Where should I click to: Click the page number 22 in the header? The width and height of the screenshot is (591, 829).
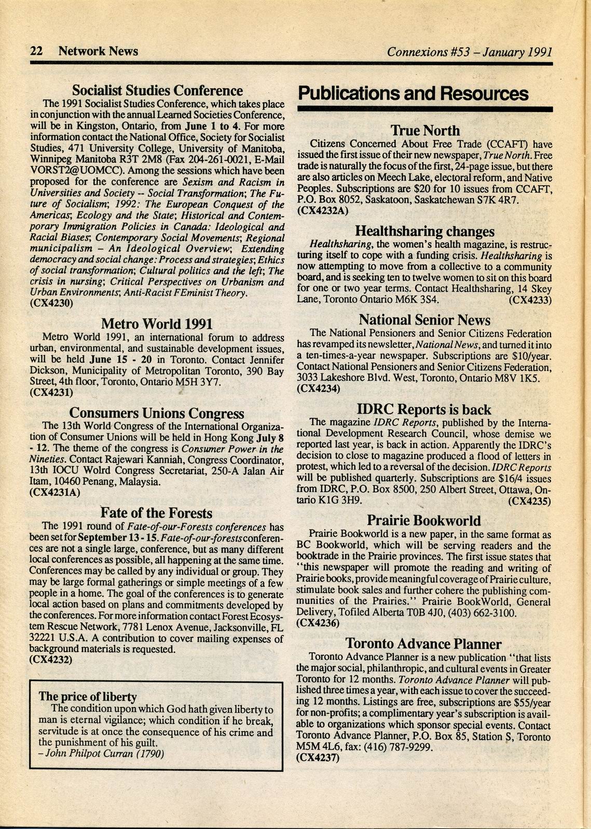pos(37,51)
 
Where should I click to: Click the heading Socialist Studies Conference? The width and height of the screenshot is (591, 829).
pos(157,91)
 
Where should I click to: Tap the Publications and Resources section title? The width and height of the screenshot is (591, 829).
pos(413,94)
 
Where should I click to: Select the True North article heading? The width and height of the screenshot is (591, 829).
pos(425,130)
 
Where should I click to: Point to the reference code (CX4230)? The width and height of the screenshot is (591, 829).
pos(52,303)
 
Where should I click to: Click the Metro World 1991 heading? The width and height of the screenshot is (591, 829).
pos(157,324)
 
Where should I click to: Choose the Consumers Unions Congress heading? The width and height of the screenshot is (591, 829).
pos(156,413)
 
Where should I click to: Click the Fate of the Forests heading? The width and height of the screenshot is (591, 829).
pos(156,513)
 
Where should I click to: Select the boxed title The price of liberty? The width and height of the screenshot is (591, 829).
pos(88,697)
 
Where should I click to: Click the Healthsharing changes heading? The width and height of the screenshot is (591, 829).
pos(424,231)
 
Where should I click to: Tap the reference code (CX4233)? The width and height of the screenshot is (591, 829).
pos(530,300)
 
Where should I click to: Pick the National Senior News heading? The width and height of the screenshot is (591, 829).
pos(424,320)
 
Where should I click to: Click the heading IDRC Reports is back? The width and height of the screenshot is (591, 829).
pos(424,410)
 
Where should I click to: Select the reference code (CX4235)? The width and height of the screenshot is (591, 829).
pos(529,501)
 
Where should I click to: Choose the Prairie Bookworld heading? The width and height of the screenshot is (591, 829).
pos(424,520)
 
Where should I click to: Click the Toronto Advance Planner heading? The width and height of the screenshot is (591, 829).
pos(423,644)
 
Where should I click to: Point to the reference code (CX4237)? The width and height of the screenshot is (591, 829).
pos(318,757)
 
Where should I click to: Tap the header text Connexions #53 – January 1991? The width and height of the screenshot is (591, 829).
pos(469,51)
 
